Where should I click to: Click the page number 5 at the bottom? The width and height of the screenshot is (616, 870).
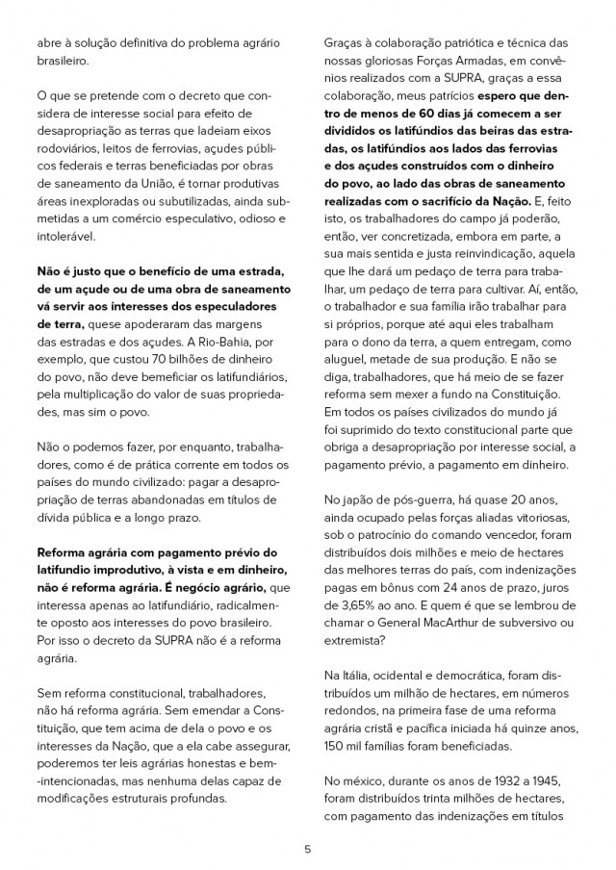pos(307,848)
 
